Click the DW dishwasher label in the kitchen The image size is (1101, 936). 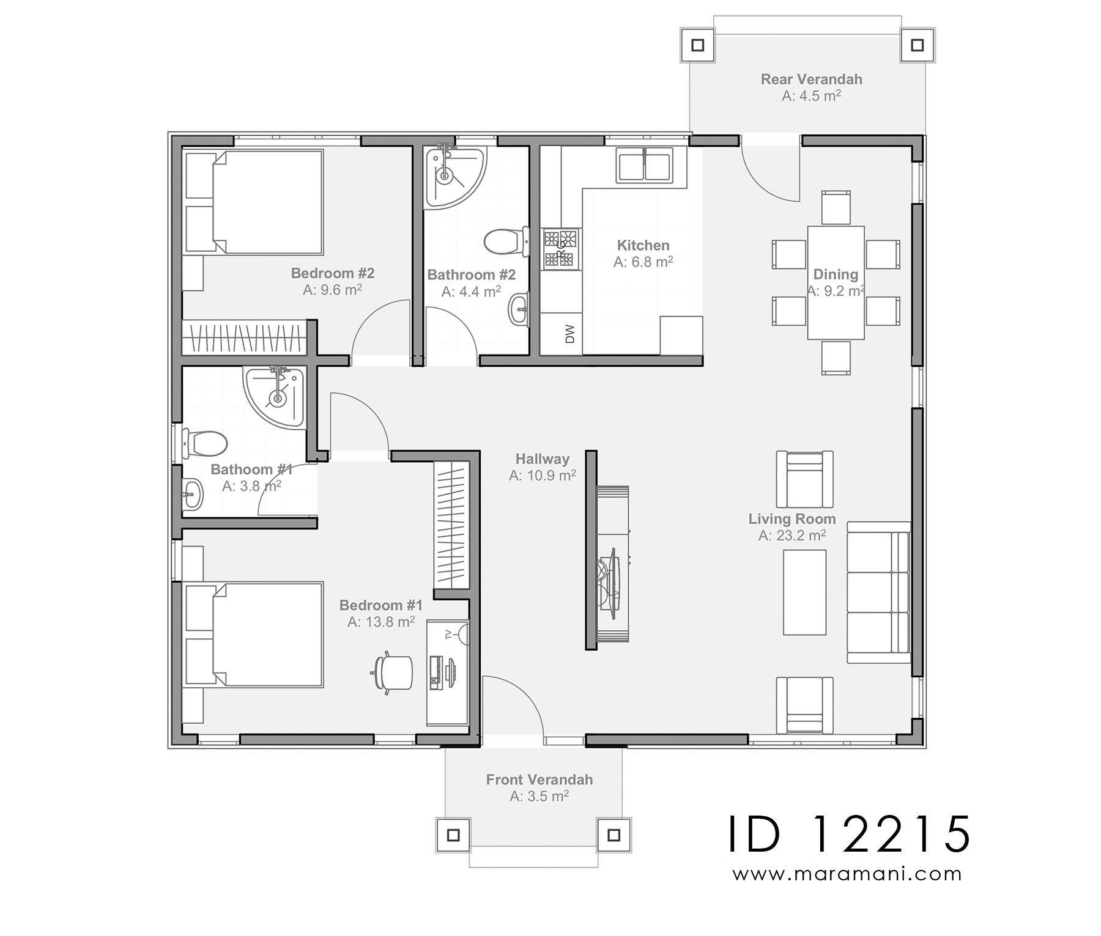coord(570,334)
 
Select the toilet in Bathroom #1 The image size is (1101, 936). coord(204,443)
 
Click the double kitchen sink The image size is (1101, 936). coord(645,165)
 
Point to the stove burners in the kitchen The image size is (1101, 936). coord(561,249)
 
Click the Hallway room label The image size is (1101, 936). coord(542,459)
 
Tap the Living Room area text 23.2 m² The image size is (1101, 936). coord(792,536)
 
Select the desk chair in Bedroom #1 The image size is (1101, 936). coord(393,673)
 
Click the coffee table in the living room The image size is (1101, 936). coord(804,592)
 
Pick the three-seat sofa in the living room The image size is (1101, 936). coord(878,592)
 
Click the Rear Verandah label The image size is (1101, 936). coord(811,79)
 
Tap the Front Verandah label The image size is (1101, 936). coord(539,780)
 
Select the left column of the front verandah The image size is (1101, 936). coord(453,835)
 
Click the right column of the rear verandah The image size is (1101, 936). coord(917,45)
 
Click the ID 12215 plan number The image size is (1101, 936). coord(849,835)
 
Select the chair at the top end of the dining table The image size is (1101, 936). coord(836,207)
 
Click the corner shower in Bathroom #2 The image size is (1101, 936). coord(453,177)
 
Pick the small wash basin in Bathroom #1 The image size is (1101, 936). coord(193,492)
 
